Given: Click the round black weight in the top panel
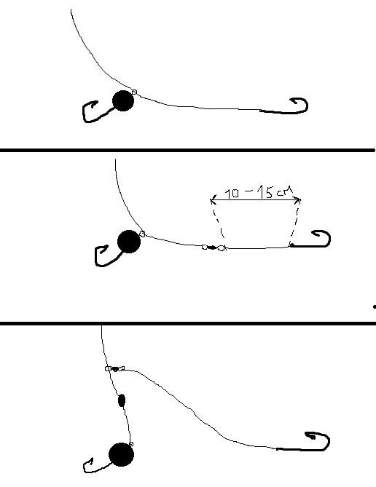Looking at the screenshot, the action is pos(123,100).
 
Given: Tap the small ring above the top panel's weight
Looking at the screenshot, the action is pos(134,92).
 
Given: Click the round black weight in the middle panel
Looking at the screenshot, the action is pos(129,242).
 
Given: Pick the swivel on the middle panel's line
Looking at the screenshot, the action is pos(214,248).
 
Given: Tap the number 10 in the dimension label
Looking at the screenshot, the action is pos(232,194).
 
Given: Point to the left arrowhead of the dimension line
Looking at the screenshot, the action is pos(213,200).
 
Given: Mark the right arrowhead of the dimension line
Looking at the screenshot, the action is pos(298,200).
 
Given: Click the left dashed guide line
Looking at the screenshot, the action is pos(218,223).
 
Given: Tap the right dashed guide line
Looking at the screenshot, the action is pos(295,223).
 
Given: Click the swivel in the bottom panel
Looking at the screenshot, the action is pos(114,368).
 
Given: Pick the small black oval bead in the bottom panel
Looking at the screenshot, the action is pos(122,400).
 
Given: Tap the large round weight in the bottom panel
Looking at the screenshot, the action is pos(121,455).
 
